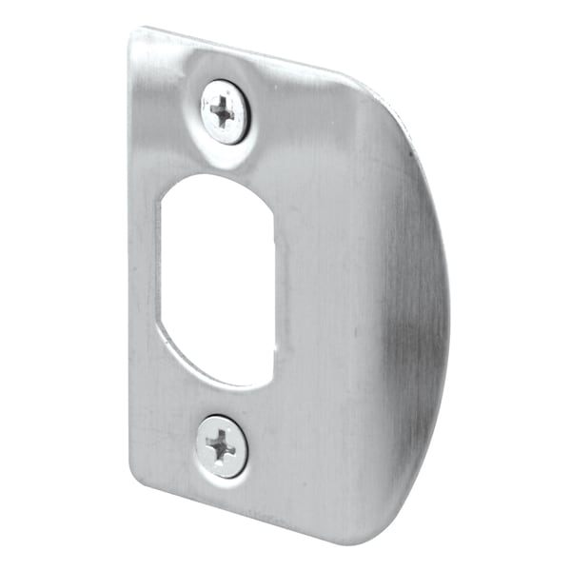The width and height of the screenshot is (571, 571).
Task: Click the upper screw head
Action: point(226,111)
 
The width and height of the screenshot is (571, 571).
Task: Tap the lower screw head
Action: point(222,445)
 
